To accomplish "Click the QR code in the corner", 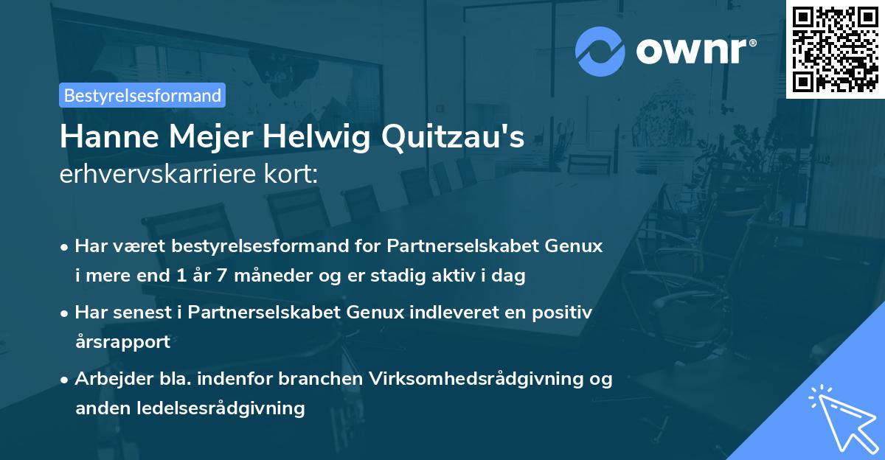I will pyautogui.click(x=836, y=49).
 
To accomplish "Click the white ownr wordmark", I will pyautogui.click(x=695, y=50).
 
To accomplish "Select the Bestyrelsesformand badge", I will pyautogui.click(x=142, y=95).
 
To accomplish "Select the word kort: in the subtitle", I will pyautogui.click(x=294, y=174).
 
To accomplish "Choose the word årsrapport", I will pyautogui.click(x=122, y=341).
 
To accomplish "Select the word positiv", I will pyautogui.click(x=565, y=313).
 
